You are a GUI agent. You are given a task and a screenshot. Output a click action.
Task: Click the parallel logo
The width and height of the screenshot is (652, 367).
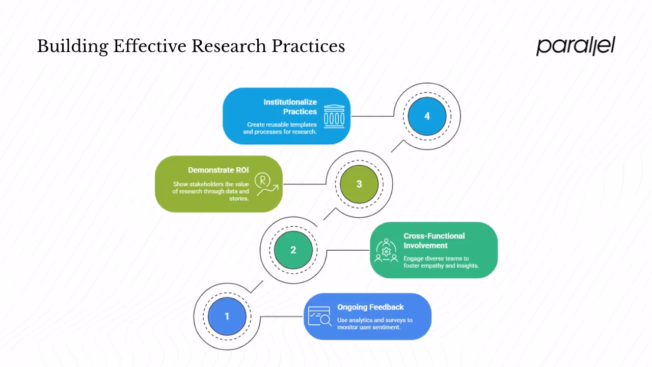(x=576, y=46)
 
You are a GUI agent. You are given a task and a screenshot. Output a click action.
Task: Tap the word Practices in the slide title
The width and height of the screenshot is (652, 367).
(x=308, y=46)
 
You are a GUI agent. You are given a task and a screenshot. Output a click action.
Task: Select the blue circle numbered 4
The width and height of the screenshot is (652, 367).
(x=427, y=116)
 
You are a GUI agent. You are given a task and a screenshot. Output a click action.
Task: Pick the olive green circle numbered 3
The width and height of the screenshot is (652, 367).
(x=359, y=184)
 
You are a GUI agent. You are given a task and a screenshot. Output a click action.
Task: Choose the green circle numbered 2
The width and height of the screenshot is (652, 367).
(x=293, y=250)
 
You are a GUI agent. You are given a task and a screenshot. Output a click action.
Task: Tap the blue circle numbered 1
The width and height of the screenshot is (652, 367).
(x=227, y=316)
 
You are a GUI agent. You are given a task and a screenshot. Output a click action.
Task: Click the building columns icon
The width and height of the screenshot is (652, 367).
(x=334, y=116)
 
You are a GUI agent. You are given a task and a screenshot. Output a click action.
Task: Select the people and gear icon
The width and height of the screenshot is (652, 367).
(x=386, y=250)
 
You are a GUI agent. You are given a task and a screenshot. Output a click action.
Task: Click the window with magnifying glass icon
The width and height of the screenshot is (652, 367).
(x=319, y=316)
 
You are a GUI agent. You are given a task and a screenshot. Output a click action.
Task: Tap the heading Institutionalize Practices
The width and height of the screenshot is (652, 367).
(x=290, y=107)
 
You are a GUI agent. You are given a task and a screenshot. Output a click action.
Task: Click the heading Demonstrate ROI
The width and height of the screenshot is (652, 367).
(x=219, y=170)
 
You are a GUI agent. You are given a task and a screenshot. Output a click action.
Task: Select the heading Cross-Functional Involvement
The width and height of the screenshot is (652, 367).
(x=434, y=241)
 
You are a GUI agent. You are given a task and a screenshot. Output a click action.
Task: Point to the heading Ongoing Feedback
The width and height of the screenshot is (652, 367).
(x=370, y=307)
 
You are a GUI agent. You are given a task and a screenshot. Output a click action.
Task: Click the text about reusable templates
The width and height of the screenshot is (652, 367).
(x=280, y=128)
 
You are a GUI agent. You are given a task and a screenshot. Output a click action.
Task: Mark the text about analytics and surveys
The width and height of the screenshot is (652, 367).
(x=375, y=324)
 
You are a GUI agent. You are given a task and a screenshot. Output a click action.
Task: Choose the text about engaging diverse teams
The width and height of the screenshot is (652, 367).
(x=441, y=262)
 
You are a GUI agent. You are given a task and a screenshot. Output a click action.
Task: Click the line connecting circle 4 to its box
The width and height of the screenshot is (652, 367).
(x=372, y=116)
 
